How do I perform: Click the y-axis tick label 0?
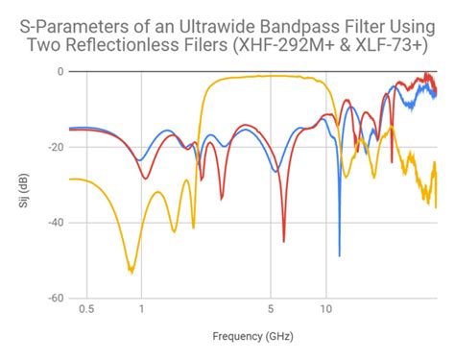click(x=60, y=72)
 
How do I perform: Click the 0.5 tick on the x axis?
click(x=86, y=309)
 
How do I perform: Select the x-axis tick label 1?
click(x=141, y=309)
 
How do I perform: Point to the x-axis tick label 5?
click(x=271, y=309)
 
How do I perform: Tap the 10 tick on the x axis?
click(x=325, y=309)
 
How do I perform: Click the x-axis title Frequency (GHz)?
click(x=252, y=337)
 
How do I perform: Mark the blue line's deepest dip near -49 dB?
click(x=339, y=255)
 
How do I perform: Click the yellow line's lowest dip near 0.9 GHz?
click(x=132, y=272)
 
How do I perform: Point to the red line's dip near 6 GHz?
click(x=283, y=240)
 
